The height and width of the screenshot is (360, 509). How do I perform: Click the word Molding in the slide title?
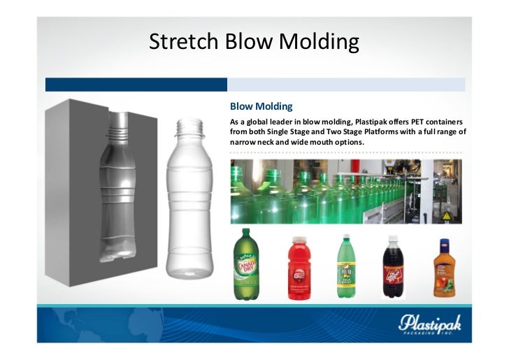pos(319,43)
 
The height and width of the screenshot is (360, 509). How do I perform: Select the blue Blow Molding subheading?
pos(261,107)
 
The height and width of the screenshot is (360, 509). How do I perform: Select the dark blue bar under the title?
pos(136,85)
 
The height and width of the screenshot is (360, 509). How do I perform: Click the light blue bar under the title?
pos(345,85)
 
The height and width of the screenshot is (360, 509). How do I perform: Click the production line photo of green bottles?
pos(345,191)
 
